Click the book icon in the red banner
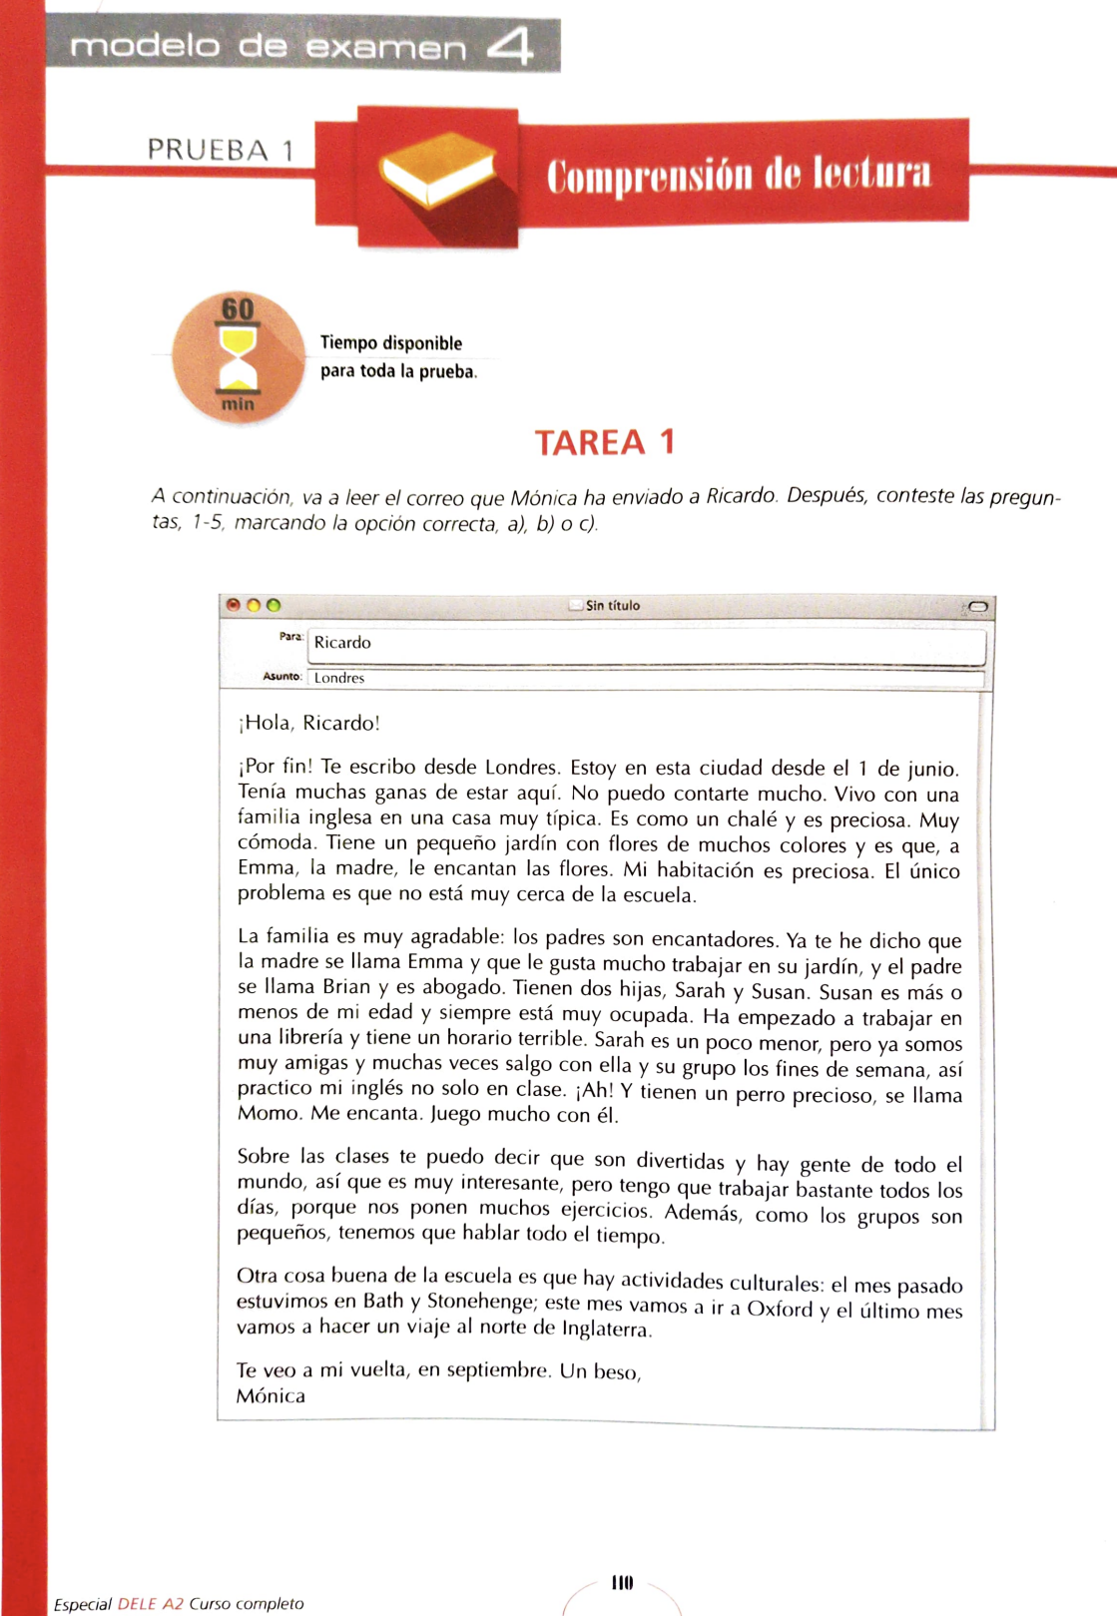click(437, 174)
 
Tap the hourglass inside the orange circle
click(238, 358)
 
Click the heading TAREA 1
click(605, 442)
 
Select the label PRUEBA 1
click(220, 151)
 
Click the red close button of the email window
click(234, 605)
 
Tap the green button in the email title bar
click(274, 605)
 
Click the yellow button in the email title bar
click(254, 605)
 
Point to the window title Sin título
click(612, 605)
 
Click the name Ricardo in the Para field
click(342, 643)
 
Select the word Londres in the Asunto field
click(339, 678)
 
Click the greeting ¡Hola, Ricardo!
click(309, 723)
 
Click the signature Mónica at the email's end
click(271, 1395)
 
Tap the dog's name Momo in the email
click(268, 1113)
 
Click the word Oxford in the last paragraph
click(780, 1308)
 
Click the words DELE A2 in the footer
click(151, 1604)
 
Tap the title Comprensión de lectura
click(739, 174)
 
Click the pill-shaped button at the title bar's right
click(976, 606)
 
